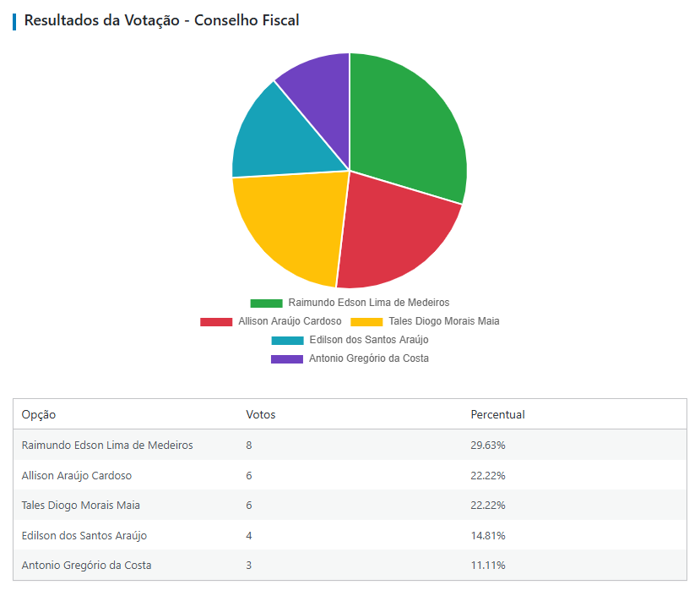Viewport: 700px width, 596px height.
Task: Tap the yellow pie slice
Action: click(x=287, y=224)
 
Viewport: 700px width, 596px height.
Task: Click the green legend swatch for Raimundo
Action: click(x=266, y=303)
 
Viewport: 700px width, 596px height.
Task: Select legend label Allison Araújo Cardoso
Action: click(x=290, y=321)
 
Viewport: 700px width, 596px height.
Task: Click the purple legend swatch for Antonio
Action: click(x=286, y=358)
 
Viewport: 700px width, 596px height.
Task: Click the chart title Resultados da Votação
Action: click(x=161, y=20)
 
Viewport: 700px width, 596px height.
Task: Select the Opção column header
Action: click(x=39, y=414)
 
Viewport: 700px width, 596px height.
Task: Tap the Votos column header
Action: click(x=260, y=414)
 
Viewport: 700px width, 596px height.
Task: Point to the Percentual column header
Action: click(x=497, y=414)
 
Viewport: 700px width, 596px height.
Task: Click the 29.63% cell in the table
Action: click(x=488, y=445)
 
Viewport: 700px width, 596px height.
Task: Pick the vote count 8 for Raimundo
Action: click(x=249, y=445)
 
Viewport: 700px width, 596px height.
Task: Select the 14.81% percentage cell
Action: click(x=488, y=535)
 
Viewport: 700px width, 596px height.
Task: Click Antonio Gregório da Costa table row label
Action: click(x=86, y=565)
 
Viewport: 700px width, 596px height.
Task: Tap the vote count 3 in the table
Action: click(x=249, y=565)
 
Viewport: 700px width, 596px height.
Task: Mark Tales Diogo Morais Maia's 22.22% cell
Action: click(x=488, y=505)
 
